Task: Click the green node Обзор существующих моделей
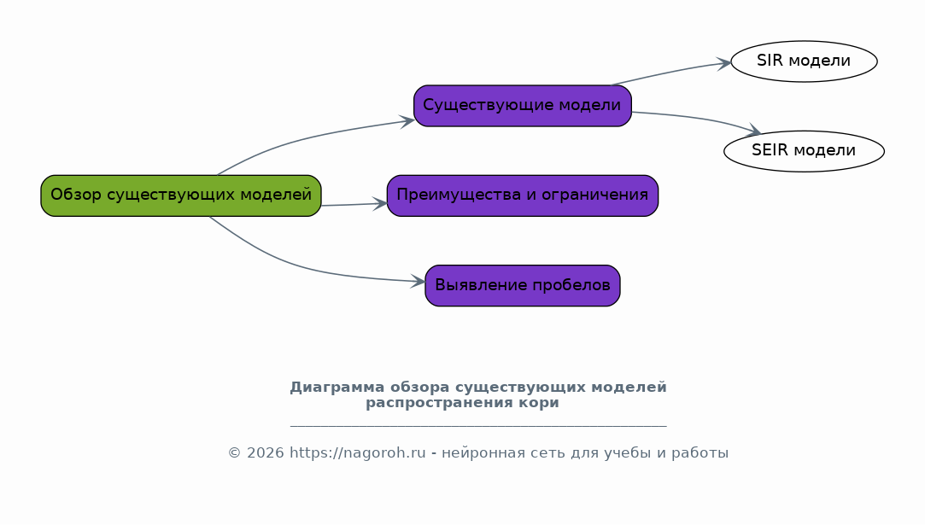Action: tap(180, 195)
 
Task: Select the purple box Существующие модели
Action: tap(523, 106)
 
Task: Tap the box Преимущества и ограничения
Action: tap(523, 195)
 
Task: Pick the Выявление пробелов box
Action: tap(523, 285)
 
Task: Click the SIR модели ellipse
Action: tap(804, 61)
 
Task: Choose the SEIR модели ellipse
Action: tap(804, 151)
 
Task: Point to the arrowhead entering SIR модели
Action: tap(724, 64)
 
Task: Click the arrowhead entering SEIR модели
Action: tap(753, 131)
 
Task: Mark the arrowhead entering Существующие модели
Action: tap(407, 121)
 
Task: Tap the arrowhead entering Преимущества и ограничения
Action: tap(380, 204)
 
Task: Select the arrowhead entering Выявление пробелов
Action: tap(418, 282)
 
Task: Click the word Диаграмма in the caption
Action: tap(337, 388)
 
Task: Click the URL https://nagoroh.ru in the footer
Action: tap(358, 453)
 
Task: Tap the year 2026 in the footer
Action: tap(266, 453)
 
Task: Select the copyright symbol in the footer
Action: tap(235, 453)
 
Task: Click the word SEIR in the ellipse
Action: tap(770, 150)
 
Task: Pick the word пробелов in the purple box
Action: tap(571, 285)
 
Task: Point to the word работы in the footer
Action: tap(706, 453)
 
